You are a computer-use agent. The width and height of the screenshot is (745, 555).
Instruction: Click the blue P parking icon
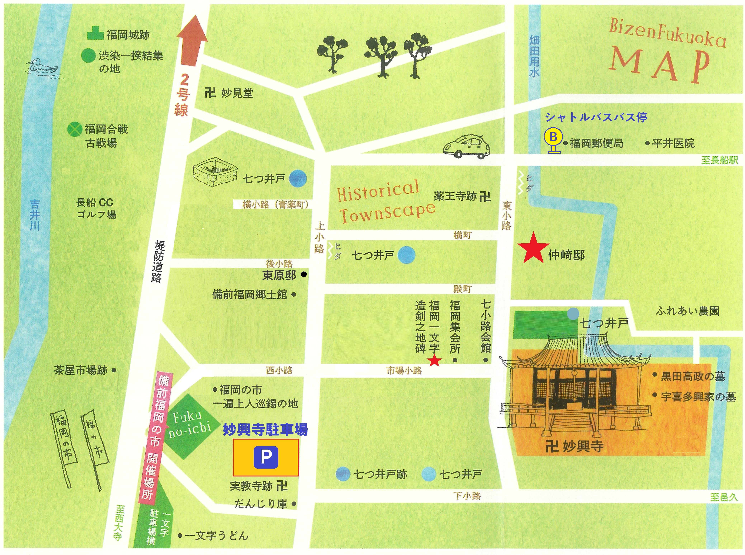click(x=266, y=457)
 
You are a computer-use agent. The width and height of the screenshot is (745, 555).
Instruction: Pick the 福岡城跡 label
click(x=128, y=35)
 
